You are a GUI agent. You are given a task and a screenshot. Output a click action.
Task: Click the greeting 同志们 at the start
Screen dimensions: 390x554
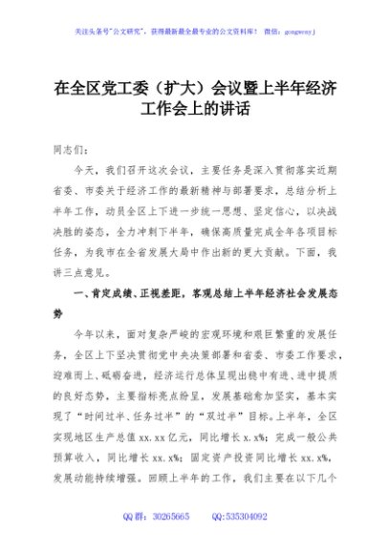[x=73, y=150]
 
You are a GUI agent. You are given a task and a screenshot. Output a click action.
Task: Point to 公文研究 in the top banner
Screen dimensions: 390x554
[x=143, y=32]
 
